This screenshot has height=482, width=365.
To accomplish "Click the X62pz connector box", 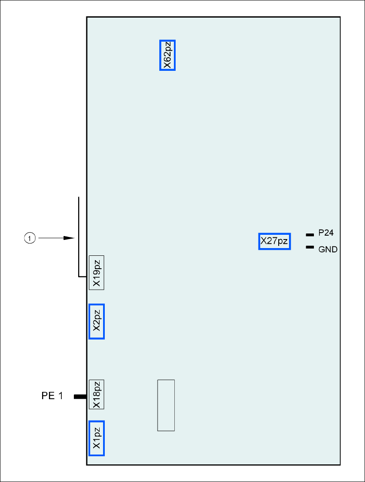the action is [167, 55].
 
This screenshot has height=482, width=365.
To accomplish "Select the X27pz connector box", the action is [274, 241].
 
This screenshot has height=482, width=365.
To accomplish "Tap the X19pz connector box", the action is [97, 273].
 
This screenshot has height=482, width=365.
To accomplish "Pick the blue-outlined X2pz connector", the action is [97, 321].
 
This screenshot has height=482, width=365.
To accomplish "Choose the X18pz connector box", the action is [97, 394].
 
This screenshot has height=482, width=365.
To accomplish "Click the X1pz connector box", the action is [97, 438].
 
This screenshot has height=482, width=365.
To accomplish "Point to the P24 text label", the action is [326, 233].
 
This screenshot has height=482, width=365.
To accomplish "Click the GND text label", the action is [328, 249].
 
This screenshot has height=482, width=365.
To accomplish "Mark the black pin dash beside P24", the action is [309, 235].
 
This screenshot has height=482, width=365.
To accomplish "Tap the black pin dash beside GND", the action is [309, 247].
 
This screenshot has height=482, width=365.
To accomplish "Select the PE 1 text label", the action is [52, 396].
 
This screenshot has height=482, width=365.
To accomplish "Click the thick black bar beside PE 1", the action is [80, 397].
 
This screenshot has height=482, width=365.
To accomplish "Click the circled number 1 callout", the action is [29, 237].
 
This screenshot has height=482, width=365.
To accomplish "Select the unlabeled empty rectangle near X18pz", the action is [166, 405].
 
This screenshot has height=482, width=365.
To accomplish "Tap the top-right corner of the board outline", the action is [340, 17].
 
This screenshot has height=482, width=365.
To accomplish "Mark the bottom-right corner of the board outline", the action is [340, 464].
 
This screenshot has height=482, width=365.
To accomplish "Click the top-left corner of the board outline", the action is [87, 17].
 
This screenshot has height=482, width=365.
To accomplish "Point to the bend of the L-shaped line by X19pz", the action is [79, 276].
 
